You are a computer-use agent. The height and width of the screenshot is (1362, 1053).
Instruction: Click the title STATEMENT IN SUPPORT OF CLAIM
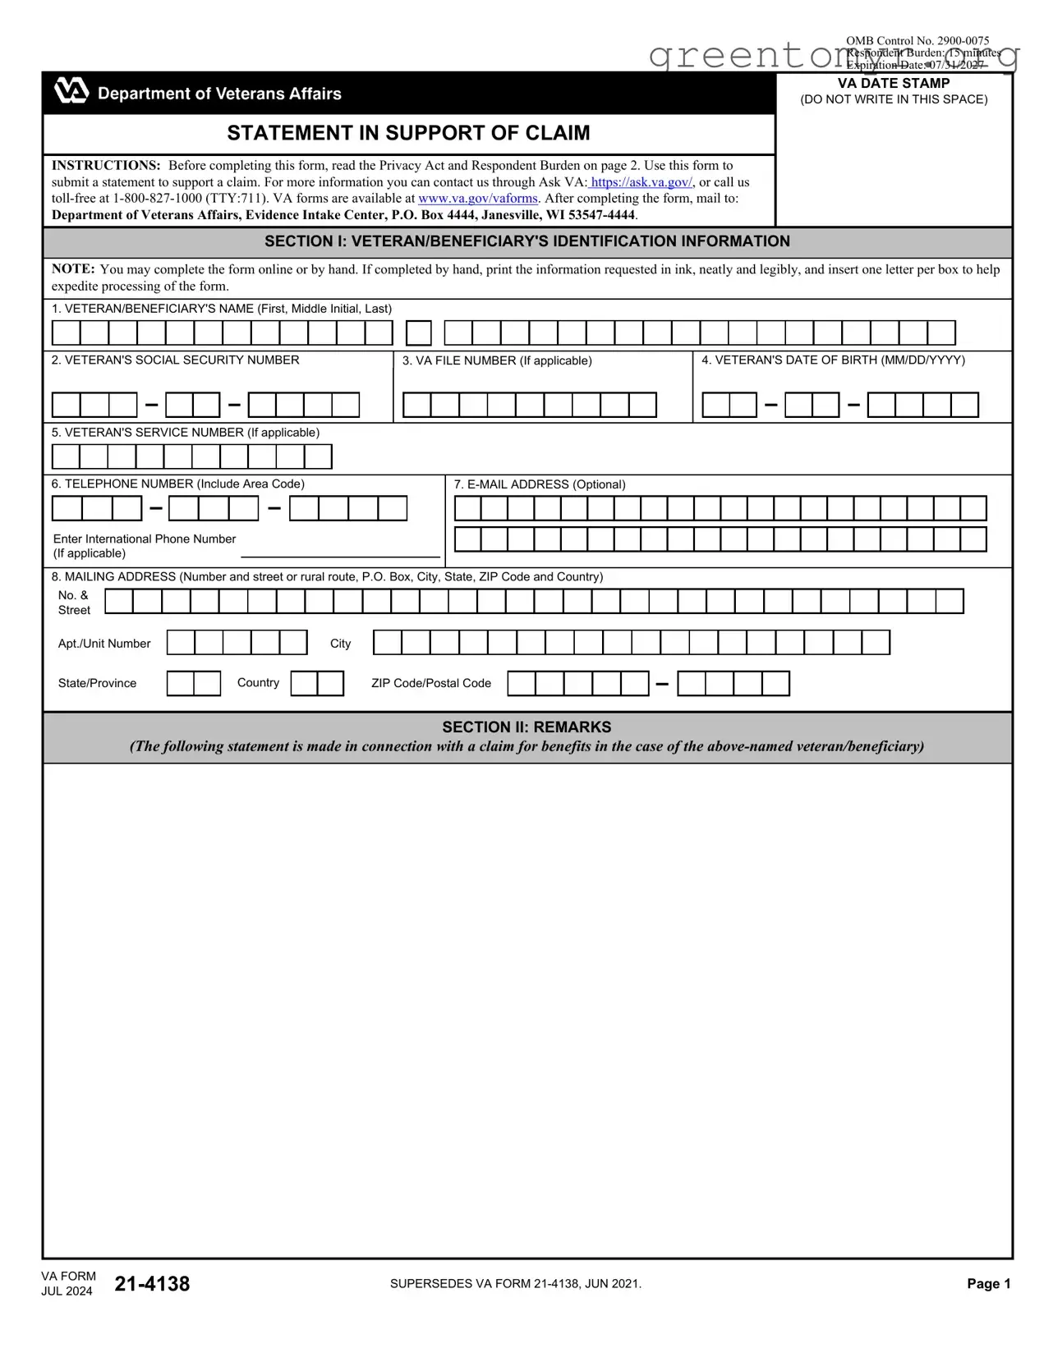point(408,133)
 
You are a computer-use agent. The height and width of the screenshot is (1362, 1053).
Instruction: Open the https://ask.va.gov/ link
point(641,182)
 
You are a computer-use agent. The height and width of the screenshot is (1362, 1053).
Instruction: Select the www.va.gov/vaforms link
point(478,199)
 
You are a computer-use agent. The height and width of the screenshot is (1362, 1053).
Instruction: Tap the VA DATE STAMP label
point(894,84)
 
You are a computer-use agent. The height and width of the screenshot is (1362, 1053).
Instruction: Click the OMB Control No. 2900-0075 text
point(917,40)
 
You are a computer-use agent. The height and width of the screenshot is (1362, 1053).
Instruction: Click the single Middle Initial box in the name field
point(419,333)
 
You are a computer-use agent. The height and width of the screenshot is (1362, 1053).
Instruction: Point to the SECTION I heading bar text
point(526,241)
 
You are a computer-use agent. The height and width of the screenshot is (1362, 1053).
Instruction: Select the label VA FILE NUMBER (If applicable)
point(497,361)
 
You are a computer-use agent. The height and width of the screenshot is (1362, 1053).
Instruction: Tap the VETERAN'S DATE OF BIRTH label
point(833,360)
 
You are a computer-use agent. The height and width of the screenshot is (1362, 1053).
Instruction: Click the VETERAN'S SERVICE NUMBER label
point(185,433)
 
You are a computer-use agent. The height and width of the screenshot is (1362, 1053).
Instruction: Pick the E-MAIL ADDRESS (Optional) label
point(540,484)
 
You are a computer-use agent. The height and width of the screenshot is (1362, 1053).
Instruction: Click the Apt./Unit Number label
point(104,644)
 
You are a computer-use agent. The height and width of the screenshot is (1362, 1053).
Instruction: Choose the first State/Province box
point(181,684)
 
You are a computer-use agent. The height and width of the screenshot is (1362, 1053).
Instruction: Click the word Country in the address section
point(258,683)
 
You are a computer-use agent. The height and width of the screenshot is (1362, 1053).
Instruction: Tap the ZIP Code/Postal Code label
point(430,683)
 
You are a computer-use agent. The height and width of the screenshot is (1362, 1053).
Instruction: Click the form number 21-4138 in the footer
point(152,1284)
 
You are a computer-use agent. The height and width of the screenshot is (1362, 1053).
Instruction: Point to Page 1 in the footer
point(988,1284)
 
